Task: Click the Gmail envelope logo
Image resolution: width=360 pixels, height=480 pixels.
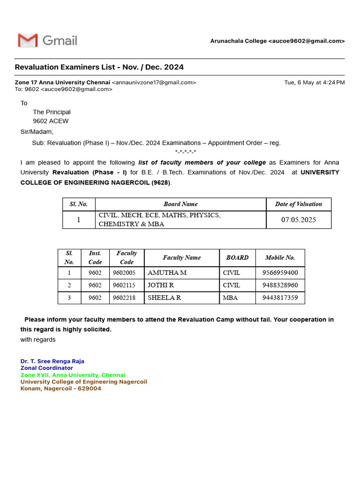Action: (x=28, y=41)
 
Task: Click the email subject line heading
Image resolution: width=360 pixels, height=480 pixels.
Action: (x=99, y=67)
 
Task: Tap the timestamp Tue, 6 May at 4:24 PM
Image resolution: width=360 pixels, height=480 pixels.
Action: (x=314, y=82)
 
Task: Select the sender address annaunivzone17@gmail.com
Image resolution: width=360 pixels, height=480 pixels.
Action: (x=154, y=82)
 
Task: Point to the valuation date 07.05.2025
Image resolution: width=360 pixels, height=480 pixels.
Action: (x=299, y=220)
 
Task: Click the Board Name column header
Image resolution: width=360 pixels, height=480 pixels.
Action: (x=180, y=204)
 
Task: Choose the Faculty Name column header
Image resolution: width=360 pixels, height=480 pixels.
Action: (x=181, y=257)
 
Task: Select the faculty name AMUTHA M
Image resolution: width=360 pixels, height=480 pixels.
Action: (x=167, y=272)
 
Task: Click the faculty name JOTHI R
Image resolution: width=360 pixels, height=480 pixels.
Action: (x=161, y=285)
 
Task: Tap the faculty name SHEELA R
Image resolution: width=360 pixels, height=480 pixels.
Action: (x=164, y=298)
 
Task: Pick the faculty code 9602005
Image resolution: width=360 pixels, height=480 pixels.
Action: (x=127, y=272)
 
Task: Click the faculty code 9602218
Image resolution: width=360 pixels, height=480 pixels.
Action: (x=127, y=298)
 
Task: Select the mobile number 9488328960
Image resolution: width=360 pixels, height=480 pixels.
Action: (x=280, y=285)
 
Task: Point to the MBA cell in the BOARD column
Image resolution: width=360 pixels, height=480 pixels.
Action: (x=231, y=298)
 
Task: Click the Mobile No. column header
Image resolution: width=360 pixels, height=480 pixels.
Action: (x=280, y=257)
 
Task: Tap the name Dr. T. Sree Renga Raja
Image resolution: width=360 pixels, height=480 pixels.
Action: (x=52, y=361)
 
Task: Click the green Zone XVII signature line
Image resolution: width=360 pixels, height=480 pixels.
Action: (x=73, y=375)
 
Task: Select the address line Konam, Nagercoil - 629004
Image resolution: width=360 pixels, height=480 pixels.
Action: (x=60, y=389)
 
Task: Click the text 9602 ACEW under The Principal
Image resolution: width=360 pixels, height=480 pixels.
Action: (x=51, y=121)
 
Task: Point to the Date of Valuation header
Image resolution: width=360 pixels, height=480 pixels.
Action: (x=299, y=204)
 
